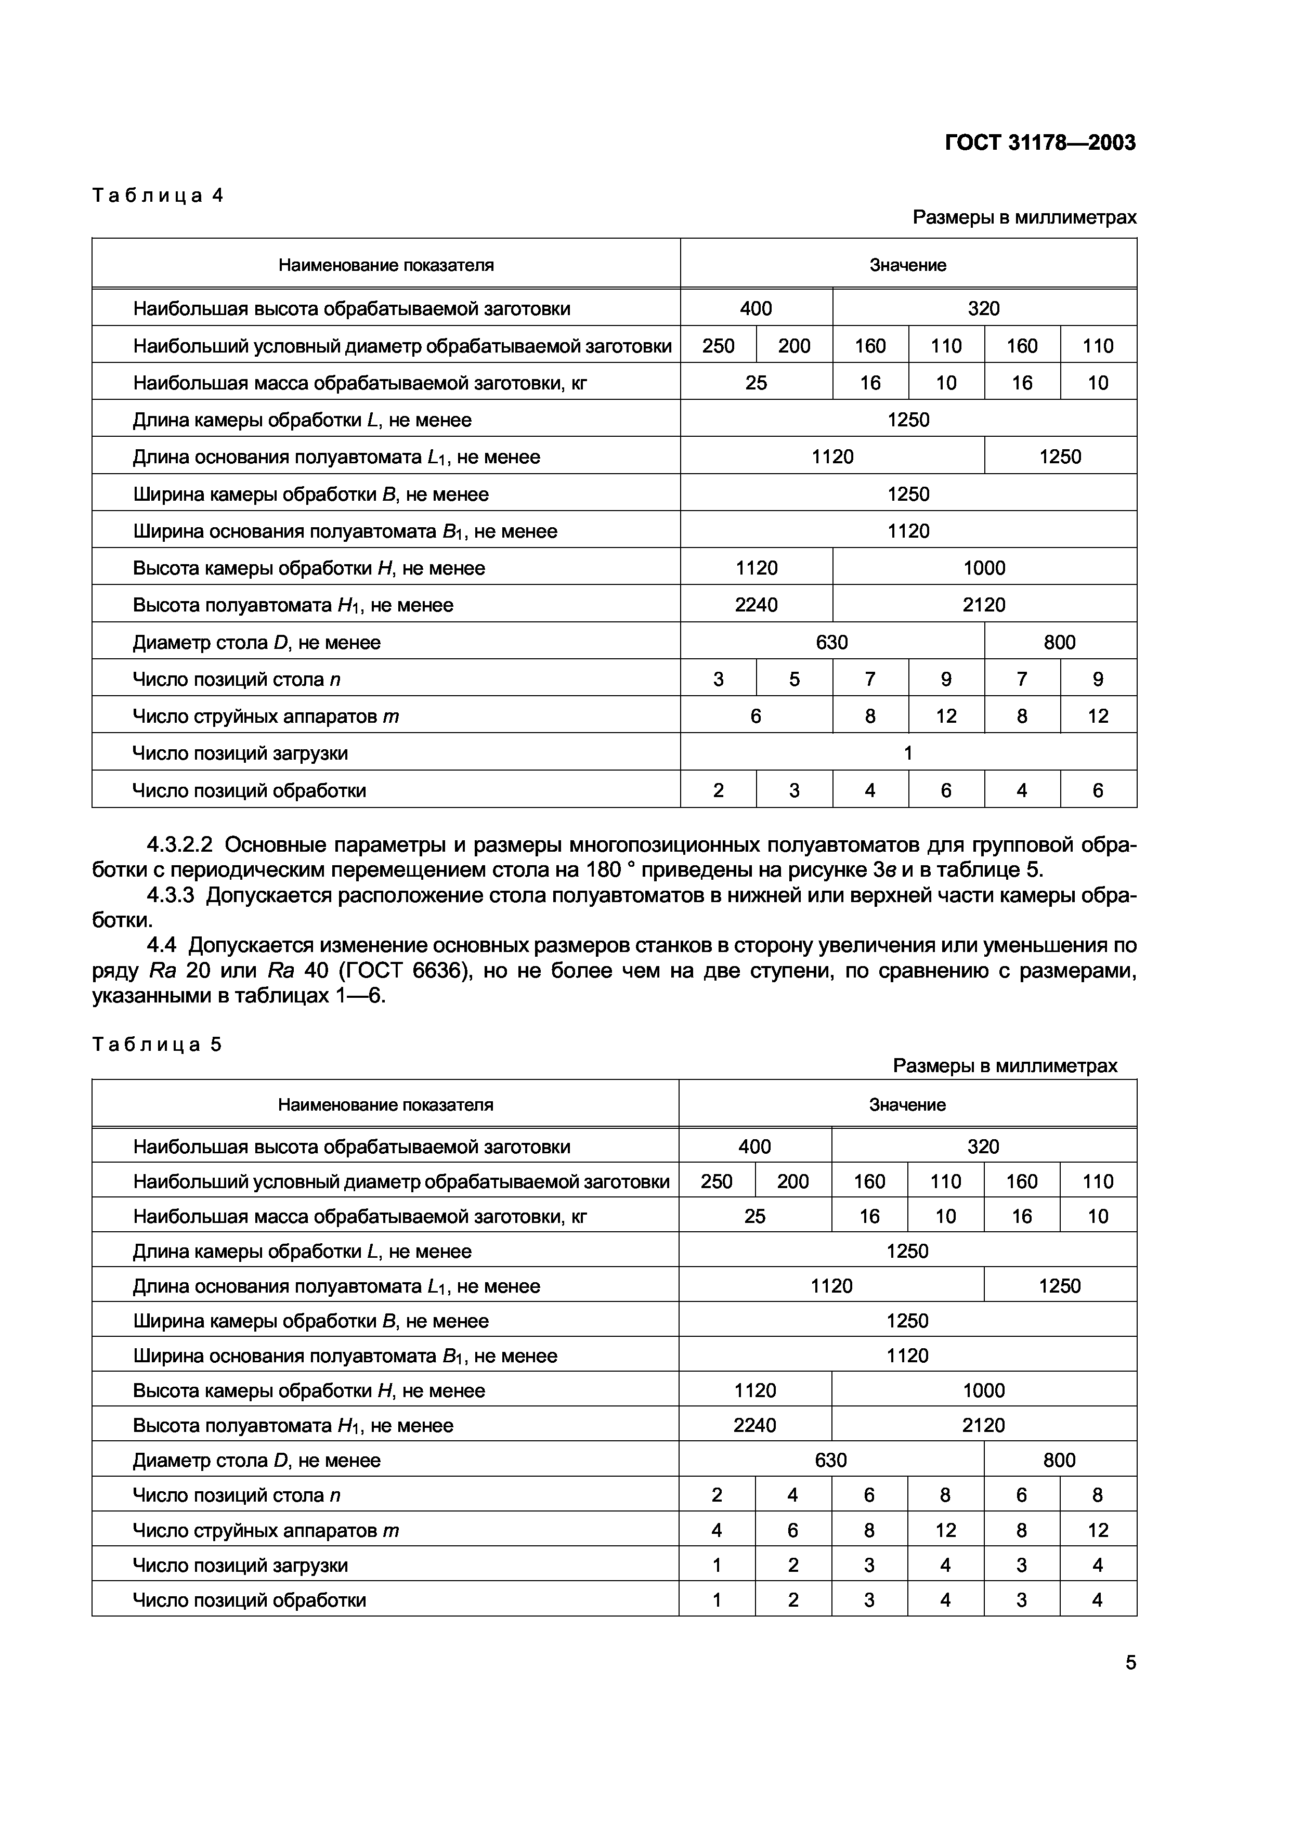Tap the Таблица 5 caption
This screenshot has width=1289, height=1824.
(x=157, y=1044)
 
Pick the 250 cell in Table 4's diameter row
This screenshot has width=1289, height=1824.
(x=718, y=346)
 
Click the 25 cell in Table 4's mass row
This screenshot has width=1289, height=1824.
(x=756, y=383)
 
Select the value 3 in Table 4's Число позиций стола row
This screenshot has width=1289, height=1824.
(x=718, y=679)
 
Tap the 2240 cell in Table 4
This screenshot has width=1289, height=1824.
(x=756, y=605)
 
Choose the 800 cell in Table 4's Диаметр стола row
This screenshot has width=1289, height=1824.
(x=1060, y=642)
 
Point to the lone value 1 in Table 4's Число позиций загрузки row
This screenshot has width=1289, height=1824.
(x=908, y=753)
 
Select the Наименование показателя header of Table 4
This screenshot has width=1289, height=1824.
(x=386, y=265)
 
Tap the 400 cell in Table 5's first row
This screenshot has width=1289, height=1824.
(x=754, y=1146)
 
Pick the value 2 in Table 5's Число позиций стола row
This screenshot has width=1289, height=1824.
(x=717, y=1495)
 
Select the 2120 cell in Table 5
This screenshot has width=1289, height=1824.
(x=983, y=1425)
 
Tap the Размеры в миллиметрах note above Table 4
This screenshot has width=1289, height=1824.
(x=1024, y=217)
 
